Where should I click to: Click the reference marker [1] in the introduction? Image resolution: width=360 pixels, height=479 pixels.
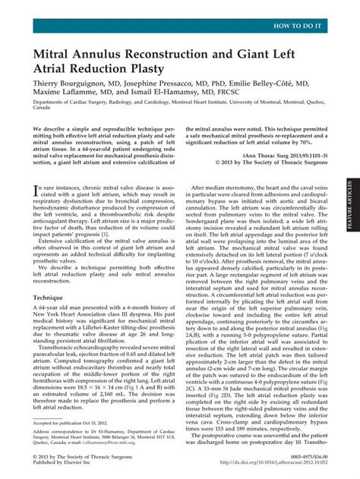(115, 235)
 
